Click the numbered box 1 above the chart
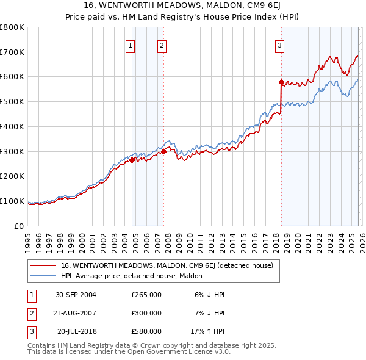[131, 45]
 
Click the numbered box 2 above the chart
[162, 45]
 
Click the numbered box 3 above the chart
[279, 45]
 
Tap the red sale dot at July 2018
[281, 81]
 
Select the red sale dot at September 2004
[132, 160]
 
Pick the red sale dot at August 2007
[163, 151]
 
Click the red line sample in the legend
[43, 265]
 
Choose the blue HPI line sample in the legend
[43, 276]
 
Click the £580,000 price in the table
[146, 332]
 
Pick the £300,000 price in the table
[146, 313]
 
